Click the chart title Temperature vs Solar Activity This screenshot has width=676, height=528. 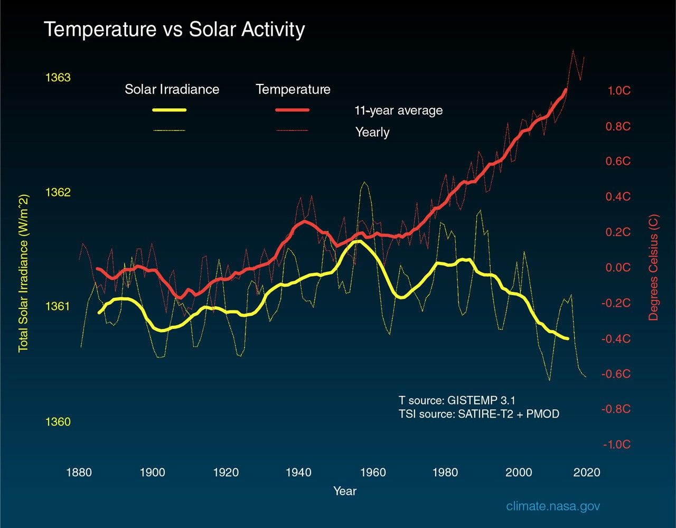point(174,30)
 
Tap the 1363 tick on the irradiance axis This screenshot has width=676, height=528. point(58,78)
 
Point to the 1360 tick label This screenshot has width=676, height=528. point(58,422)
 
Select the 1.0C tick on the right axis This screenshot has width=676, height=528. point(619,91)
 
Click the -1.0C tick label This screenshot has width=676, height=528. point(617,445)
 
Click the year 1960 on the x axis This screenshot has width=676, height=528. point(372,472)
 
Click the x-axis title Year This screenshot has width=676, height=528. point(345,491)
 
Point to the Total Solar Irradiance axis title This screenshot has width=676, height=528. point(23,274)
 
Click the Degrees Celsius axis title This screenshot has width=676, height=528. point(654,267)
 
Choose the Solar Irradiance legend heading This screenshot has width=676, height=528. point(172,89)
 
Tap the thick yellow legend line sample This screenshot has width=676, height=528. point(169,110)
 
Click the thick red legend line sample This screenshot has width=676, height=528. point(292,110)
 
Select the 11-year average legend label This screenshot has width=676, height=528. point(398,110)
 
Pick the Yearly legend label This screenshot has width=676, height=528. point(372,132)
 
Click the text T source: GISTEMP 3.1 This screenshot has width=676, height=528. point(457,401)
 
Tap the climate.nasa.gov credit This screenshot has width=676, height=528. point(553,506)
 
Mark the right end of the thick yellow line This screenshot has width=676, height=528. point(567,338)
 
